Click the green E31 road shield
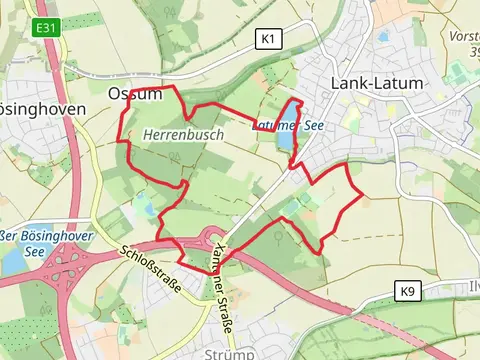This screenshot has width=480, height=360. tap(46, 28)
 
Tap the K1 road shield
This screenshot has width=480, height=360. tap(267, 39)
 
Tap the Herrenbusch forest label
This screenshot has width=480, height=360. tap(183, 133)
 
